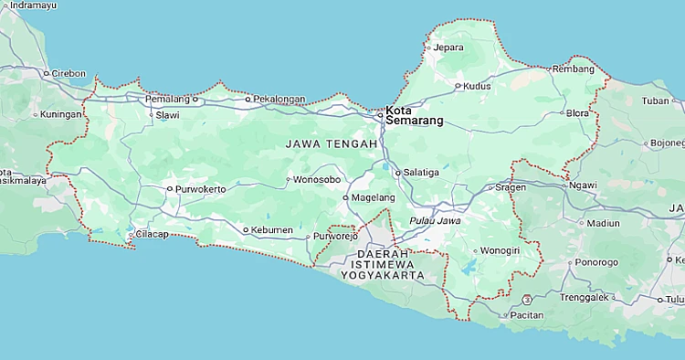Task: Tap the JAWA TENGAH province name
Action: tap(331, 144)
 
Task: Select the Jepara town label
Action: tap(448, 48)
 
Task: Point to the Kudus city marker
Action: tap(458, 86)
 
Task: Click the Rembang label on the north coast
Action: tap(574, 69)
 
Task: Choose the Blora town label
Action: tap(577, 114)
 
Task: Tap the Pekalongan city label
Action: tap(279, 98)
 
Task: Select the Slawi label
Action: tap(167, 115)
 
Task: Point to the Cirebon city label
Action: tap(68, 73)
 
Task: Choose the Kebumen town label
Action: tap(272, 229)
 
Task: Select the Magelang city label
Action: tap(374, 197)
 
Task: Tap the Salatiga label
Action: tap(421, 172)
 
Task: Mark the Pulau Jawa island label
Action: tap(435, 220)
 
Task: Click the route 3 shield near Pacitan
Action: tap(527, 299)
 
